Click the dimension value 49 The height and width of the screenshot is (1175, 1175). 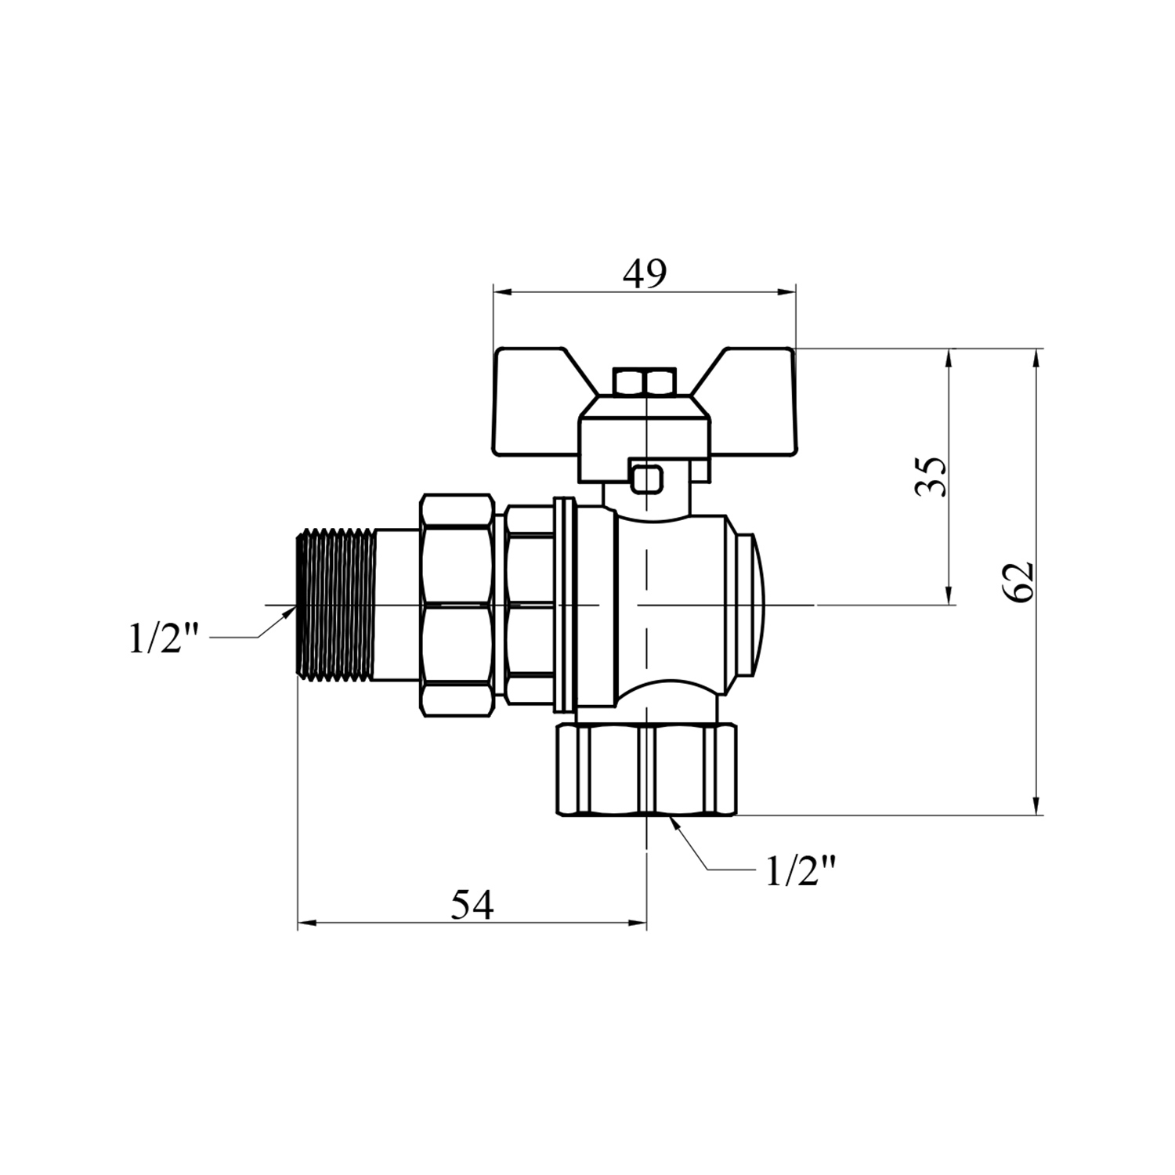click(x=644, y=273)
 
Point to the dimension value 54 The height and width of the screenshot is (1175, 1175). click(x=472, y=906)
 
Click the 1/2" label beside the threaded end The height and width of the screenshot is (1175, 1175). click(x=165, y=639)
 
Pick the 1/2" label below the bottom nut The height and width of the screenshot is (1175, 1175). click(x=801, y=870)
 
